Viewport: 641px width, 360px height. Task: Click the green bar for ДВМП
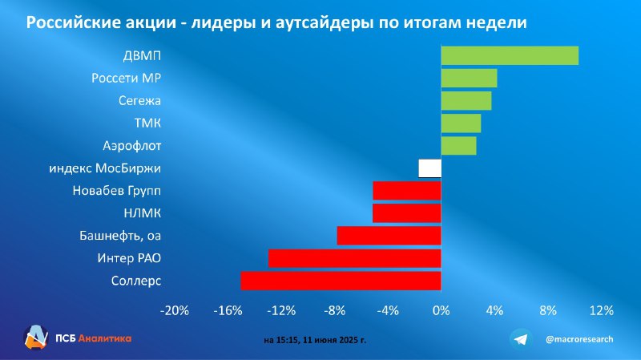pyautogui.click(x=510, y=55)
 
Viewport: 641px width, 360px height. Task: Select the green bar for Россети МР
pyautogui.click(x=469, y=78)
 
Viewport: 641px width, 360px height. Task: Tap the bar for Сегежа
pyautogui.click(x=466, y=101)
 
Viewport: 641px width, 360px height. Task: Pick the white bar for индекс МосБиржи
pyautogui.click(x=429, y=168)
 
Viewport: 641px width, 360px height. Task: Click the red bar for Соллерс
pyautogui.click(x=341, y=281)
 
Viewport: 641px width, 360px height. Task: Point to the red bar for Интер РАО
pyautogui.click(x=355, y=258)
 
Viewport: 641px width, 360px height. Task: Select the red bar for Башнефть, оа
pyautogui.click(x=389, y=236)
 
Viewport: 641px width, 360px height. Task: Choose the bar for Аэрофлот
pyautogui.click(x=458, y=146)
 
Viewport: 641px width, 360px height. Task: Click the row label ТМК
pyautogui.click(x=147, y=123)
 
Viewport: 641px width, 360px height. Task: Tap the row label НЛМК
pyautogui.click(x=143, y=213)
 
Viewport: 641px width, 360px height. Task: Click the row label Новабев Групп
pyautogui.click(x=116, y=191)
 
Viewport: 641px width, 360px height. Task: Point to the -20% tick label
pyautogui.click(x=174, y=310)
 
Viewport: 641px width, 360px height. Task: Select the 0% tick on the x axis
pyautogui.click(x=441, y=310)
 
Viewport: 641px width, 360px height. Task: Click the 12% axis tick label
pyautogui.click(x=602, y=310)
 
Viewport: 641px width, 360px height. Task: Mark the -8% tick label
pyautogui.click(x=334, y=310)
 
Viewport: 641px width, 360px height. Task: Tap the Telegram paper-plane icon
pyautogui.click(x=521, y=339)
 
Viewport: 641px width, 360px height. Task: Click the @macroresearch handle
pyautogui.click(x=579, y=339)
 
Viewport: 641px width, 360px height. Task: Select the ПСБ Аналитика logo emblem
pyautogui.click(x=36, y=338)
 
